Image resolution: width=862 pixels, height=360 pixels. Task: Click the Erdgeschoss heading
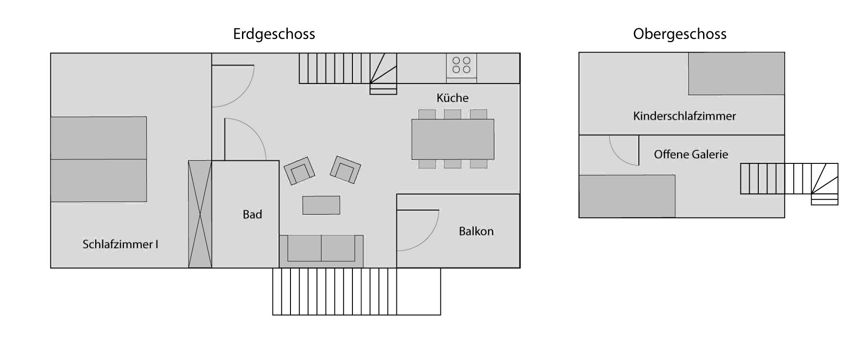(x=274, y=35)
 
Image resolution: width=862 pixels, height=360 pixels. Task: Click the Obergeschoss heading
(x=680, y=35)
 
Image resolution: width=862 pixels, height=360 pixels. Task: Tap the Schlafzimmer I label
(x=120, y=244)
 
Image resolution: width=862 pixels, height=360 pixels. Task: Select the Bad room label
(x=252, y=215)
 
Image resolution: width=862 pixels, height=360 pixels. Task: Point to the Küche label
(x=453, y=98)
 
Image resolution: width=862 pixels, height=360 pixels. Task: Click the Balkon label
(x=476, y=231)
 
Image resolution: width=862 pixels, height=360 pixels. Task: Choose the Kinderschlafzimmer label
(x=685, y=116)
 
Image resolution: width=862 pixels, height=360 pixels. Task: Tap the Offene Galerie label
(x=691, y=154)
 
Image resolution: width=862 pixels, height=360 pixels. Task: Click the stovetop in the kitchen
(x=462, y=65)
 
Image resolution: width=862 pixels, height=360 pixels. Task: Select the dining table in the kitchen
(x=453, y=139)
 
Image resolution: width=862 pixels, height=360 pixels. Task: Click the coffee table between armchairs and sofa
(x=321, y=205)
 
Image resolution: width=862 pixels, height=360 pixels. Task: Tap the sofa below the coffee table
(x=321, y=251)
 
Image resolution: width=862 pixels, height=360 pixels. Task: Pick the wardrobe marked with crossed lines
(x=200, y=214)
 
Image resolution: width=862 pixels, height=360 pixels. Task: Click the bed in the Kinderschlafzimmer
(x=736, y=74)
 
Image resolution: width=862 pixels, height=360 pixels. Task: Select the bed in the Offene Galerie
(x=627, y=196)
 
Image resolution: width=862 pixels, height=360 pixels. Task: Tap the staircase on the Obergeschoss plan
(x=789, y=181)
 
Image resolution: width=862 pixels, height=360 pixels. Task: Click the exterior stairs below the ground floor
(x=356, y=291)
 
